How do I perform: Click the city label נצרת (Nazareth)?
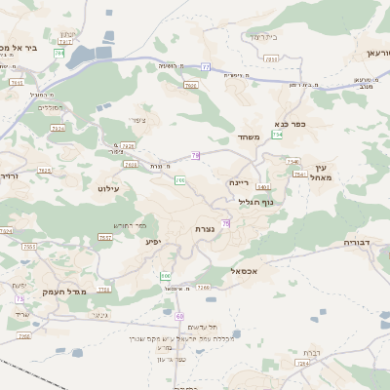[x=205, y=228]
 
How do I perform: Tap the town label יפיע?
[x=152, y=241]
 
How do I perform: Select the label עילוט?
[x=108, y=187]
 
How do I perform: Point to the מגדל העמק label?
[x=65, y=292]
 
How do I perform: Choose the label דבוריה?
[x=360, y=241]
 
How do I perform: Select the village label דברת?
[x=311, y=351]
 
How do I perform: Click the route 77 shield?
[x=206, y=66]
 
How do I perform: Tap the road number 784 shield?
[x=59, y=53]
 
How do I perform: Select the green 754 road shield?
[x=278, y=135]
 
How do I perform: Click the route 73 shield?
[x=19, y=299]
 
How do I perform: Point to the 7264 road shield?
[x=302, y=363]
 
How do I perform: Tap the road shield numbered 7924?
[x=58, y=128]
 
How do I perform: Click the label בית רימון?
[x=263, y=36]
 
